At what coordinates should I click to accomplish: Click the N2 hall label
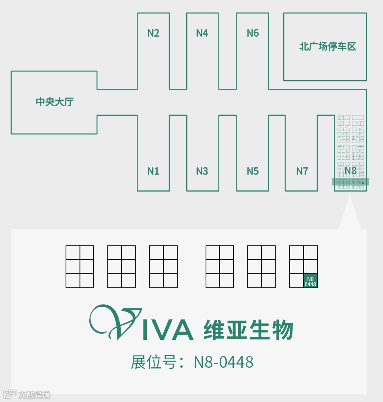coord(153,33)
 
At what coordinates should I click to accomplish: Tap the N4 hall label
coord(202,33)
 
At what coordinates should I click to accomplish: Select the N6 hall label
coord(253,33)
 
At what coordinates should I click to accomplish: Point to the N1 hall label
coord(153,171)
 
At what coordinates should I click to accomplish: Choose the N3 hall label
coord(202,171)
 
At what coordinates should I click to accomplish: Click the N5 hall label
coord(253,171)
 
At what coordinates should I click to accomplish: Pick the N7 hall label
coord(302,171)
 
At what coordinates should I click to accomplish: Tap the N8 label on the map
coord(350,171)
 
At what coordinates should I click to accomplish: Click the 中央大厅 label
coord(55,102)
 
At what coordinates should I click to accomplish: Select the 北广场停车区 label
coord(327,46)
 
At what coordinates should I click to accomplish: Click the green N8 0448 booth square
coord(310,281)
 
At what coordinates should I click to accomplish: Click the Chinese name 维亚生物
coord(248,330)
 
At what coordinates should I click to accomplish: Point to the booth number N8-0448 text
coord(224,362)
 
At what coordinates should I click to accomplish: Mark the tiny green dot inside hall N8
coord(363,183)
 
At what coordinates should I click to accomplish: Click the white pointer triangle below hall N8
coord(350,214)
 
